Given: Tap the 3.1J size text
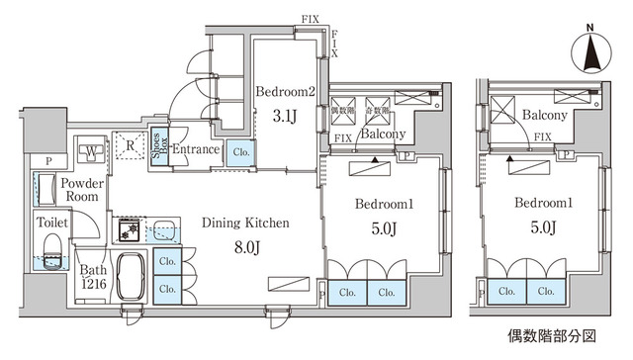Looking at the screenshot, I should (284, 116).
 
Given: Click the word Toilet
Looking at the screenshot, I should (52, 223).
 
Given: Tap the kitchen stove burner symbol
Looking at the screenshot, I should (129, 230).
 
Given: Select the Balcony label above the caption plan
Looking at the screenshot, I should (545, 116).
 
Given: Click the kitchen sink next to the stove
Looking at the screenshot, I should (164, 230).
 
